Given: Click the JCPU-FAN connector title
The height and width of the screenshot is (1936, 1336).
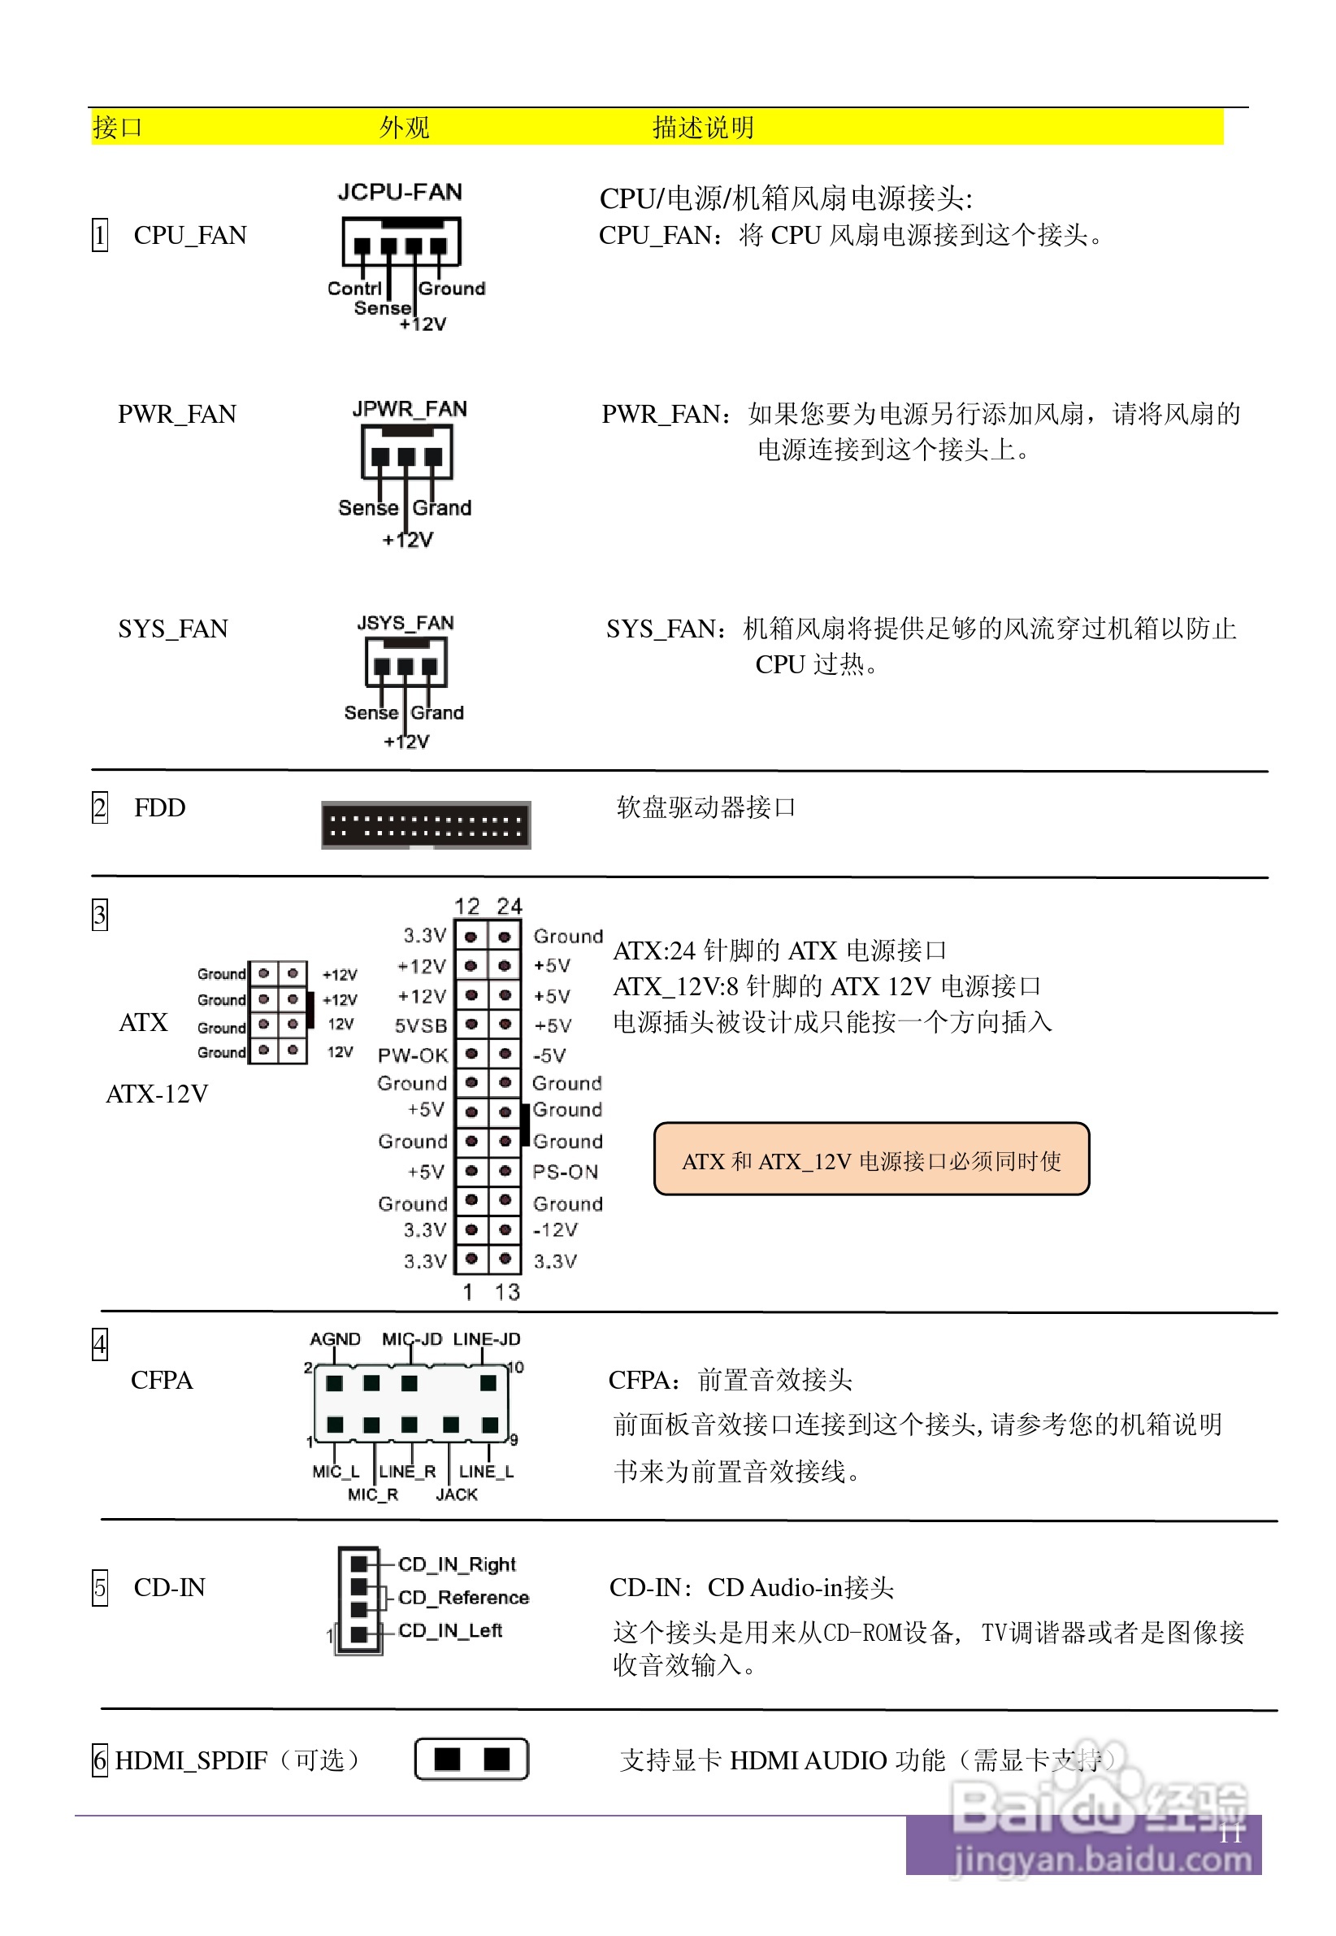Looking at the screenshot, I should pyautogui.click(x=399, y=192).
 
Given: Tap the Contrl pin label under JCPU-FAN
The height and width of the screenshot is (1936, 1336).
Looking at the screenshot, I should pyautogui.click(x=354, y=289).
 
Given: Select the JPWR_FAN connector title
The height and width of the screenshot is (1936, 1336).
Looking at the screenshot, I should pyautogui.click(x=410, y=409).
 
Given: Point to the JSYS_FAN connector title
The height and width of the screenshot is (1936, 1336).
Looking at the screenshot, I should pyautogui.click(x=406, y=623).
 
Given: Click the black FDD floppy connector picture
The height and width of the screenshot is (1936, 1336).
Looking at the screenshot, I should pyautogui.click(x=425, y=824).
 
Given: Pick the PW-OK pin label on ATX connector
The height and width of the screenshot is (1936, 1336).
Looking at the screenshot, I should pyautogui.click(x=412, y=1055).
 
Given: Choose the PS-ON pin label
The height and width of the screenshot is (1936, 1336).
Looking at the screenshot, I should pyautogui.click(x=565, y=1172).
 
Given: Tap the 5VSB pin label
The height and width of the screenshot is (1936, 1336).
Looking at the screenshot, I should pyautogui.click(x=420, y=1026).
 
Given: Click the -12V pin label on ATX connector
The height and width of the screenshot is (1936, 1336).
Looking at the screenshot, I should pyautogui.click(x=555, y=1229).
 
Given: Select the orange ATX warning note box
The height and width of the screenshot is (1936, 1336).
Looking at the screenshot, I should pyautogui.click(x=870, y=1159).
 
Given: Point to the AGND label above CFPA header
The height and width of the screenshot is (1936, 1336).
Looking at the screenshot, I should pyautogui.click(x=335, y=1339).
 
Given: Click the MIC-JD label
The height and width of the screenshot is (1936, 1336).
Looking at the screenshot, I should pyautogui.click(x=412, y=1339).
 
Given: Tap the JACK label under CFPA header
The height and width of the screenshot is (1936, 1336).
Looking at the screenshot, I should pyautogui.click(x=456, y=1494).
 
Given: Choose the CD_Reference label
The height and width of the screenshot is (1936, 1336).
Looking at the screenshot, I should pyautogui.click(x=463, y=1598).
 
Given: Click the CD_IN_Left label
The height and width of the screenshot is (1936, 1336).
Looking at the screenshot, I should pyautogui.click(x=449, y=1630).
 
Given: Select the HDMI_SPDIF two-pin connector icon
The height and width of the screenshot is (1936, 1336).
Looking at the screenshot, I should pyautogui.click(x=471, y=1760).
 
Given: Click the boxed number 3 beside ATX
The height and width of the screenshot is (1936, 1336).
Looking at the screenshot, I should pyautogui.click(x=100, y=916).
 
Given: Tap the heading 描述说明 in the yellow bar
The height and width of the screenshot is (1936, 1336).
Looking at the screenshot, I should pyautogui.click(x=702, y=128).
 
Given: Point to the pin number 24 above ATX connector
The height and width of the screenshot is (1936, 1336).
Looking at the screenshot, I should pyautogui.click(x=509, y=906).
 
